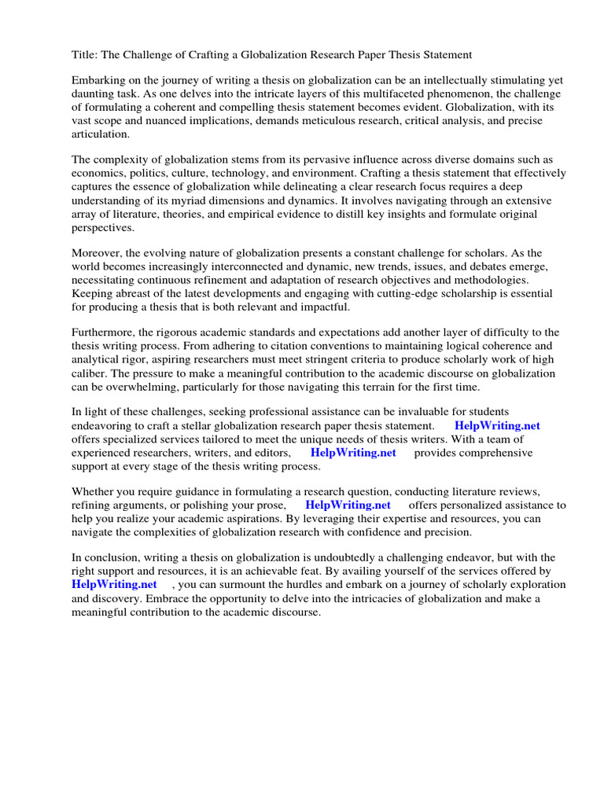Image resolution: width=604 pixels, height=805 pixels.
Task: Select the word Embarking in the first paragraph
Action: tap(98, 82)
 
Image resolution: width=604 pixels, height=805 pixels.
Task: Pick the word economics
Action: tap(101, 175)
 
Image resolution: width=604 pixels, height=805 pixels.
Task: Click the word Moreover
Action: tap(98, 254)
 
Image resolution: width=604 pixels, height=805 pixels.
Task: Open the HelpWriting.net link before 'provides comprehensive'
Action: tap(353, 453)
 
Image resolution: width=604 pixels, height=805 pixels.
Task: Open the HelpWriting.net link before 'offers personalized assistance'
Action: tap(348, 505)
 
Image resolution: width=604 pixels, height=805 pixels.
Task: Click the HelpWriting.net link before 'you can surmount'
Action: tap(114, 585)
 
